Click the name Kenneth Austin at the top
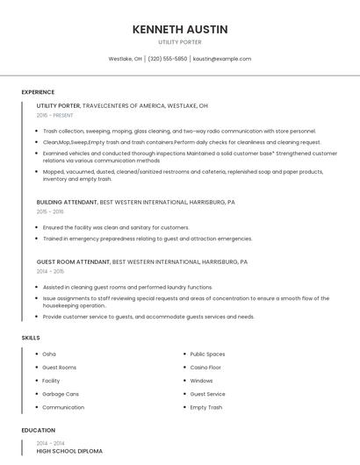pos(180,29)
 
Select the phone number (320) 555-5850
pos(168,59)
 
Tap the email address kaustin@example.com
pos(222,59)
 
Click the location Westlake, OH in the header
pos(125,59)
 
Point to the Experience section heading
pos(38,92)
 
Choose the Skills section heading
pos(30,338)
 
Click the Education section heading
pos(38,430)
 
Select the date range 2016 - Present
pos(55,115)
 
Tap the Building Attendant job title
pos(67,202)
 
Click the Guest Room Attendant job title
pos(74,261)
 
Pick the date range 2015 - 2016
pos(50,211)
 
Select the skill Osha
pos(50,354)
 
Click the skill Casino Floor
pos(205,367)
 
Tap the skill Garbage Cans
pos(61,394)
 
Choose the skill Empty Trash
pos(205,407)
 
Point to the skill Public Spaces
pos(207,354)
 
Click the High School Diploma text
pos(69,451)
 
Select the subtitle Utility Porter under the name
pos(180,41)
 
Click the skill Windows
pos(201,381)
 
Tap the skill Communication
pos(63,407)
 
